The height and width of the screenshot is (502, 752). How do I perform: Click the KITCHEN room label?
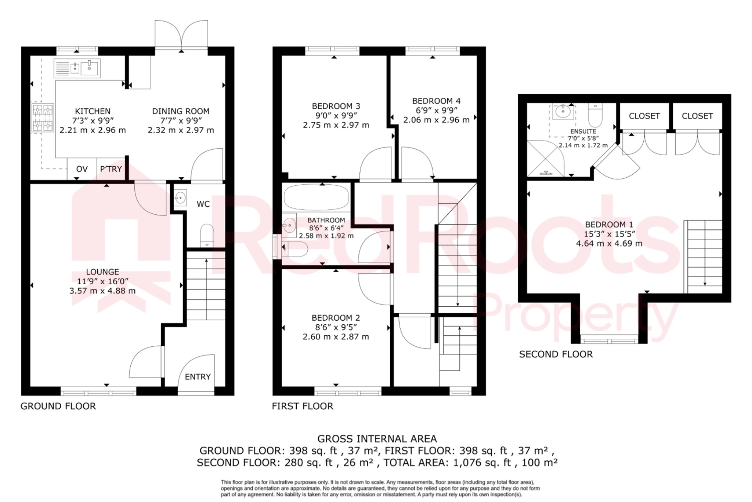(93, 111)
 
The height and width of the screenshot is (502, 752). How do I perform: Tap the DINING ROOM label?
(181, 111)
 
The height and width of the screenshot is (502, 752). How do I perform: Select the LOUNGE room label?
(102, 272)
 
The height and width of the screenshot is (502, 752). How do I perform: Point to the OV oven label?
(82, 169)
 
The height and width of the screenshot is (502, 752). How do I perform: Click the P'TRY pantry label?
(111, 169)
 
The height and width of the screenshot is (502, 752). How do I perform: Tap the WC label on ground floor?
(203, 204)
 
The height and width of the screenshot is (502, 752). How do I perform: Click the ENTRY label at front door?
(198, 377)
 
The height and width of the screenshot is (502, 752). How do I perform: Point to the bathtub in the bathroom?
(316, 197)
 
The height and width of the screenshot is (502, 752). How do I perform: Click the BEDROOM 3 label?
(336, 106)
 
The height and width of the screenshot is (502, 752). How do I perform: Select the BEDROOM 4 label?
(436, 101)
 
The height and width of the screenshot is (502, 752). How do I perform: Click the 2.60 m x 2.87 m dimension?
(336, 337)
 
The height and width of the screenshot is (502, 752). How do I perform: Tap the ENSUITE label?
(583, 131)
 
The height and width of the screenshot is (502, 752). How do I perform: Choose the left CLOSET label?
(644, 116)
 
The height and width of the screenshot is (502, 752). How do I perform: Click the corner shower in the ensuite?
(545, 159)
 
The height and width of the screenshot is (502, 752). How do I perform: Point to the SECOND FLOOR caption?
(556, 354)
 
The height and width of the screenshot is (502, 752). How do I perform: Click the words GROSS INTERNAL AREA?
(377, 439)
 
